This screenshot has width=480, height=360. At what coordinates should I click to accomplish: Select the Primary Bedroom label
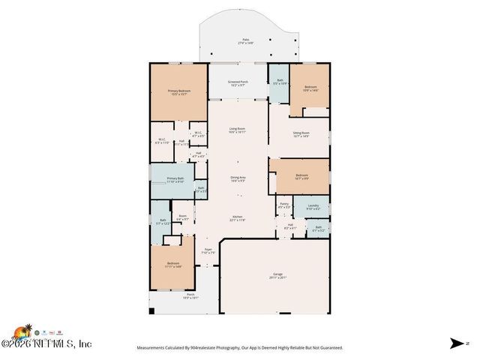[x=178, y=92]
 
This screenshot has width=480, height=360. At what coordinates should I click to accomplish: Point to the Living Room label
[x=237, y=130]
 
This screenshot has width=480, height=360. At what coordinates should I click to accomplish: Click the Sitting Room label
[x=301, y=134]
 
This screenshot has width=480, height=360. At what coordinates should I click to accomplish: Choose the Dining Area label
[x=238, y=178]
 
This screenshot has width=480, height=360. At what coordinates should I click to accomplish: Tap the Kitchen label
[x=237, y=219]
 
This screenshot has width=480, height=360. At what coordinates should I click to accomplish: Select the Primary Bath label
[x=175, y=180]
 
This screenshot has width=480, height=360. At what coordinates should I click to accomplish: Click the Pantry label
[x=283, y=205]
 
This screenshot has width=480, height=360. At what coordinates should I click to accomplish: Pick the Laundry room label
[x=313, y=207]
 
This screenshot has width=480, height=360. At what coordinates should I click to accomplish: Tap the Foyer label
[x=208, y=251]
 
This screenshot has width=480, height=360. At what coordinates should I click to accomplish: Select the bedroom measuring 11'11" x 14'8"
[x=173, y=265]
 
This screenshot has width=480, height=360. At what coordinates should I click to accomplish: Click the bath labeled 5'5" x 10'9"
[x=279, y=82]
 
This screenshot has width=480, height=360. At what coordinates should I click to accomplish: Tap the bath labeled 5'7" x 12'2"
[x=163, y=221]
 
